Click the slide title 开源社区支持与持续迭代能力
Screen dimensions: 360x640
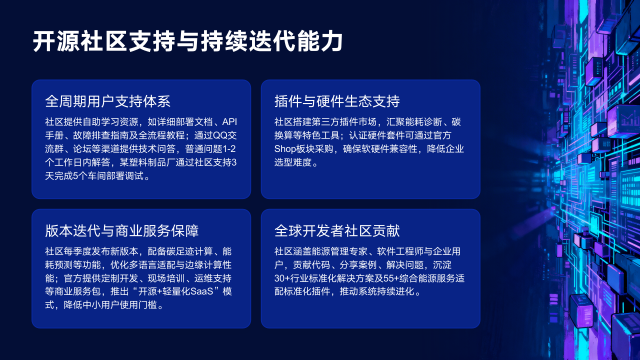pyautogui.click(x=187, y=41)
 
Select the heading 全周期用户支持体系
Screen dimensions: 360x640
pyautogui.click(x=108, y=101)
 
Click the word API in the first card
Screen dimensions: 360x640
pyautogui.click(x=231, y=120)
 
